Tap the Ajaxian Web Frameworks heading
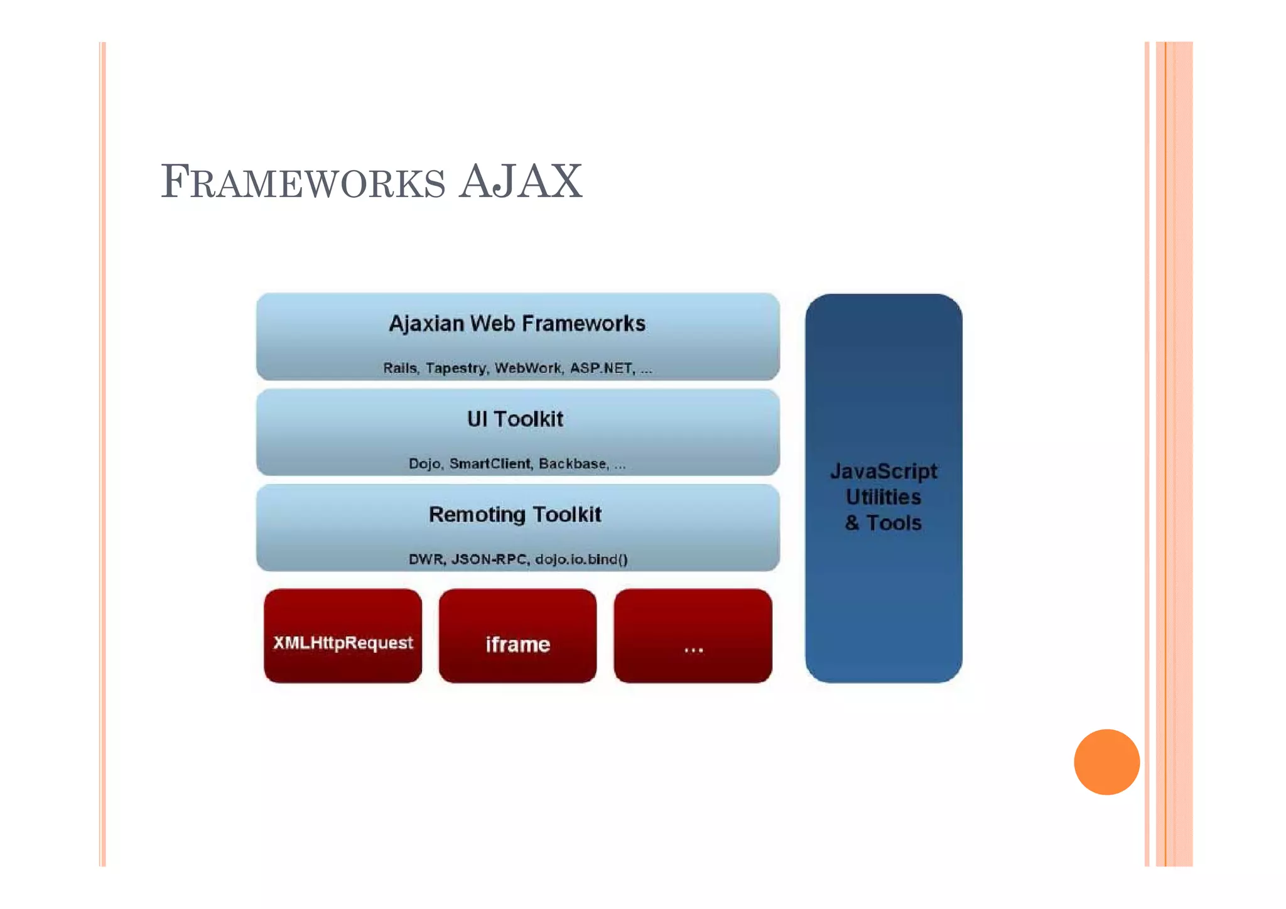point(517,324)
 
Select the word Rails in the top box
point(400,368)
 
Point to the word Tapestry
point(456,368)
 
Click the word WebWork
point(528,368)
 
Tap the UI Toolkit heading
point(515,419)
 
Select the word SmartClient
point(490,464)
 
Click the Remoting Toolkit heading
point(515,515)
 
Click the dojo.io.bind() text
point(581,559)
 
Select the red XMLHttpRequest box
point(343,635)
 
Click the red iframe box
point(517,635)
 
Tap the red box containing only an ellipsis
point(693,635)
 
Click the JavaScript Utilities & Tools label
point(883,497)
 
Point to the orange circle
point(1106,761)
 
